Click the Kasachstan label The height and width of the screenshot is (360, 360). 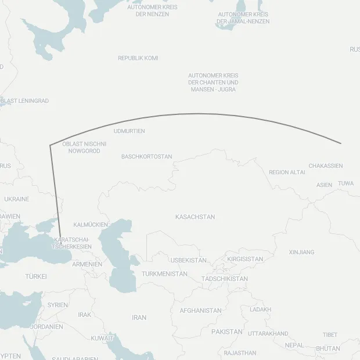tap(195, 217)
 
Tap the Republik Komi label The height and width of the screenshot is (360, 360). tap(138, 58)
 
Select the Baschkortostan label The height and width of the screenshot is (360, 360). tap(147, 157)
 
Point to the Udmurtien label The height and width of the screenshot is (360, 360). tap(129, 131)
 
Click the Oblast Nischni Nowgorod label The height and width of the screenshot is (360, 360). tap(84, 147)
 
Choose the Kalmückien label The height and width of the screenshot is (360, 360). tap(91, 224)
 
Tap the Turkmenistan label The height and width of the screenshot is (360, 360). tap(164, 273)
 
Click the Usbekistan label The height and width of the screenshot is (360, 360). tap(188, 260)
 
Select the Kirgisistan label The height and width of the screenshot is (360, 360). tap(245, 259)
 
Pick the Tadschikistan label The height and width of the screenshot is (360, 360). tap(224, 279)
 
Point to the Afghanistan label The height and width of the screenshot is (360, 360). tap(200, 311)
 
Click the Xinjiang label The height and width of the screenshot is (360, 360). tap(301, 252)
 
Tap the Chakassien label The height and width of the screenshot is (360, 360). tap(325, 166)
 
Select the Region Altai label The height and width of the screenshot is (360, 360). tap(287, 172)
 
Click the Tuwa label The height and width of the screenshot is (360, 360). tap(345, 183)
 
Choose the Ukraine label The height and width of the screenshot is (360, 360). tap(16, 199)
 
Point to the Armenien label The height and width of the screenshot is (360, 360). tap(87, 264)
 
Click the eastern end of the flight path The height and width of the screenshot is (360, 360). tap(341, 143)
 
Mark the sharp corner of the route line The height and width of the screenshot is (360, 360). tap(50, 145)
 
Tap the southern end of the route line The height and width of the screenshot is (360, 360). tap(61, 244)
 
